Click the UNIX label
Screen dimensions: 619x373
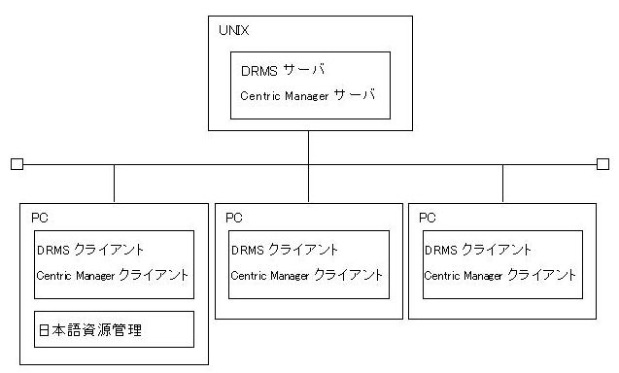[233, 30]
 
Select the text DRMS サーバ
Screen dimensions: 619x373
[283, 70]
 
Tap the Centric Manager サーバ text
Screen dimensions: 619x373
[307, 95]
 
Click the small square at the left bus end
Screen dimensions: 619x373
[17, 164]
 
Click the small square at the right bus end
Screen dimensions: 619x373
[602, 164]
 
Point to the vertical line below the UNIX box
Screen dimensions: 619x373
[308, 166]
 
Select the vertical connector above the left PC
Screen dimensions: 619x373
[114, 184]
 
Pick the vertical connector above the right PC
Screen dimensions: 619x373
[502, 184]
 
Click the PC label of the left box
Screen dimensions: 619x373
[40, 218]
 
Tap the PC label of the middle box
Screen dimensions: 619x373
[233, 218]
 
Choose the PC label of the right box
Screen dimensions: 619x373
[428, 218]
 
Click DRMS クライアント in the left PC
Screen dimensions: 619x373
[90, 250]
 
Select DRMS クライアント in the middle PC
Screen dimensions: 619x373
[285, 250]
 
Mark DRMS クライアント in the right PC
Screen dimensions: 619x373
[478, 250]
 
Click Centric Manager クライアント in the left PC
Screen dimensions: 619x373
[112, 275]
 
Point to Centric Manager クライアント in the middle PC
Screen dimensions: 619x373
[307, 275]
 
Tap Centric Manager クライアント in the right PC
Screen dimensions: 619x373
[500, 275]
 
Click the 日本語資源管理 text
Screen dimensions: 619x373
[90, 330]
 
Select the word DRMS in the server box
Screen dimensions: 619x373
[259, 71]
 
